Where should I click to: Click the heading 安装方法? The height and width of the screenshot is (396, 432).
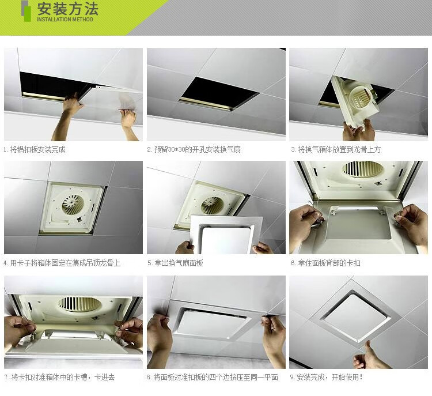coord(67,9)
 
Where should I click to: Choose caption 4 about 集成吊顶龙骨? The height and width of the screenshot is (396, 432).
coord(62,263)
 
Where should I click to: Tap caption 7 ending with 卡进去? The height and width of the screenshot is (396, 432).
coord(59,378)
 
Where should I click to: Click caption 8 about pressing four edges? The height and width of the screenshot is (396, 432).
coord(212,378)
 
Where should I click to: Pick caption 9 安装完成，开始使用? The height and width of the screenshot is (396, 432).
coord(327,378)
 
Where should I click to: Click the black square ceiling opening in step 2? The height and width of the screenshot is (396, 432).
coord(218,92)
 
